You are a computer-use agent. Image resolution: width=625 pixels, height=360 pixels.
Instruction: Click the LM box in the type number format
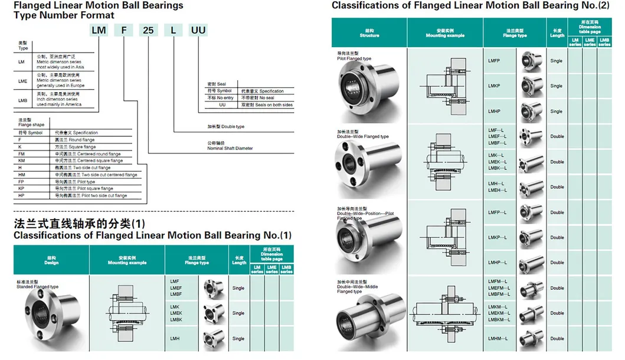click(x=99, y=30)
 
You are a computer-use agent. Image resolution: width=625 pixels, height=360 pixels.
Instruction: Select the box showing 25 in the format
click(x=150, y=30)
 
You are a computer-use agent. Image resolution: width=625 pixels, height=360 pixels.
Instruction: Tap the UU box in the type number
click(x=198, y=30)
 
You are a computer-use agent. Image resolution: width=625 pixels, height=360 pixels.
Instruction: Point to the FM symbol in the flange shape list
click(x=22, y=153)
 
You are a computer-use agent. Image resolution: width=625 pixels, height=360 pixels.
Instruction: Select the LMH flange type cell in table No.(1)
click(x=175, y=339)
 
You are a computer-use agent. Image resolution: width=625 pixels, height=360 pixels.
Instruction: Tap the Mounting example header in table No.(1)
click(x=127, y=260)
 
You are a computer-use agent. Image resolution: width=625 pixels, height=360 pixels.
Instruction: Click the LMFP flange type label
click(x=494, y=60)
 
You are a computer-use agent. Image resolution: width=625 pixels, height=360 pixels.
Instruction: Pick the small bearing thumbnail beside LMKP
click(x=532, y=86)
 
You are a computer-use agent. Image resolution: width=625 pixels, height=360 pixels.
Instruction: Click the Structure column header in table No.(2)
click(x=369, y=33)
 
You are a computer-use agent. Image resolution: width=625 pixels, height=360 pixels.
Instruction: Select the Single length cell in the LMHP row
click(x=556, y=111)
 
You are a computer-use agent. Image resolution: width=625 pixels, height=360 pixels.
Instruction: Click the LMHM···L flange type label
click(x=499, y=338)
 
